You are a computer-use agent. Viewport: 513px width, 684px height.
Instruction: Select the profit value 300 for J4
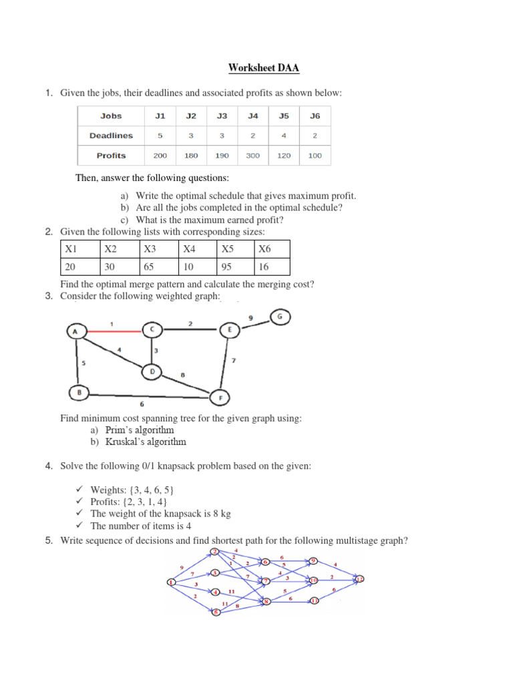coord(253,156)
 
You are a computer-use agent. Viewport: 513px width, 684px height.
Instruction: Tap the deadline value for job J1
coord(160,136)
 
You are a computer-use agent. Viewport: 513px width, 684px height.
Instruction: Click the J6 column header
coord(315,116)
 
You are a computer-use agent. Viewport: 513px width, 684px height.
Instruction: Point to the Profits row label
coord(111,156)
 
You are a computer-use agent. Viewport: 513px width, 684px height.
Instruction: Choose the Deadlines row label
coord(111,136)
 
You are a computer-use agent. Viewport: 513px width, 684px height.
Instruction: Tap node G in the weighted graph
coord(281,315)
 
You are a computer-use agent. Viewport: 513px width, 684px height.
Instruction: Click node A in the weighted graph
coord(75,330)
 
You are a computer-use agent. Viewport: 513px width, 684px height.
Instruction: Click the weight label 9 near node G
coord(250,319)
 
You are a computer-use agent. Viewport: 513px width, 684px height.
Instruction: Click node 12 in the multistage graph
coord(360,578)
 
